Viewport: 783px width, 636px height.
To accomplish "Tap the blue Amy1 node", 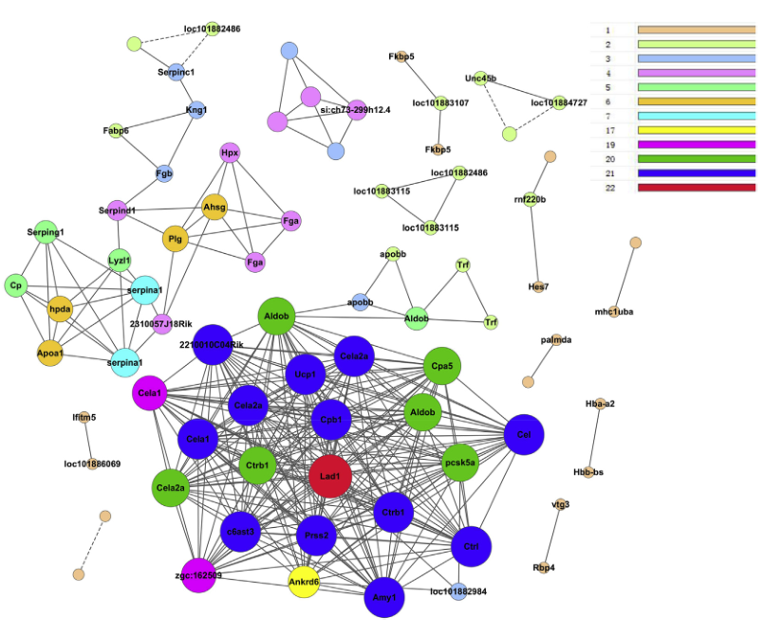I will click(385, 597).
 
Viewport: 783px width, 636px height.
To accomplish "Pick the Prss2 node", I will click(317, 536).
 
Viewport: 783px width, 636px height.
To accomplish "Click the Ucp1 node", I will click(306, 374).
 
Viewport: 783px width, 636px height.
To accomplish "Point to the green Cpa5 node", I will click(441, 365).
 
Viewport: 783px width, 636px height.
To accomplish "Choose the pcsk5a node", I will click(460, 463).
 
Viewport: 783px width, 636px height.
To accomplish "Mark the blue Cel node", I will click(524, 435).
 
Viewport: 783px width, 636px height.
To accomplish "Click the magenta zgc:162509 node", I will click(198, 574).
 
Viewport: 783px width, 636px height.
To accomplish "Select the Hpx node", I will click(230, 152).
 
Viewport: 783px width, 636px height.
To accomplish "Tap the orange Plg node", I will click(175, 239).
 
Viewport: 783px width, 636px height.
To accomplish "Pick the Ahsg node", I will click(214, 208).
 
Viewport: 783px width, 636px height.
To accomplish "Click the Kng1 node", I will click(196, 111).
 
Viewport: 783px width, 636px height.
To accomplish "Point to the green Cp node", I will click(15, 284).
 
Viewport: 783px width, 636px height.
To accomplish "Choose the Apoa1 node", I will click(50, 353).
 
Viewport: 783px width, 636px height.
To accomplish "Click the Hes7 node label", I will click(538, 286).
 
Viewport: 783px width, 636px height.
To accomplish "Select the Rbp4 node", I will click(544, 568).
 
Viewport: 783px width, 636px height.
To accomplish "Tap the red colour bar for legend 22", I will click(696, 188).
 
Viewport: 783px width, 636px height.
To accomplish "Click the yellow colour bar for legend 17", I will click(696, 130).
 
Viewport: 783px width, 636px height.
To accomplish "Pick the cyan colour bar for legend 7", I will click(696, 116).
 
